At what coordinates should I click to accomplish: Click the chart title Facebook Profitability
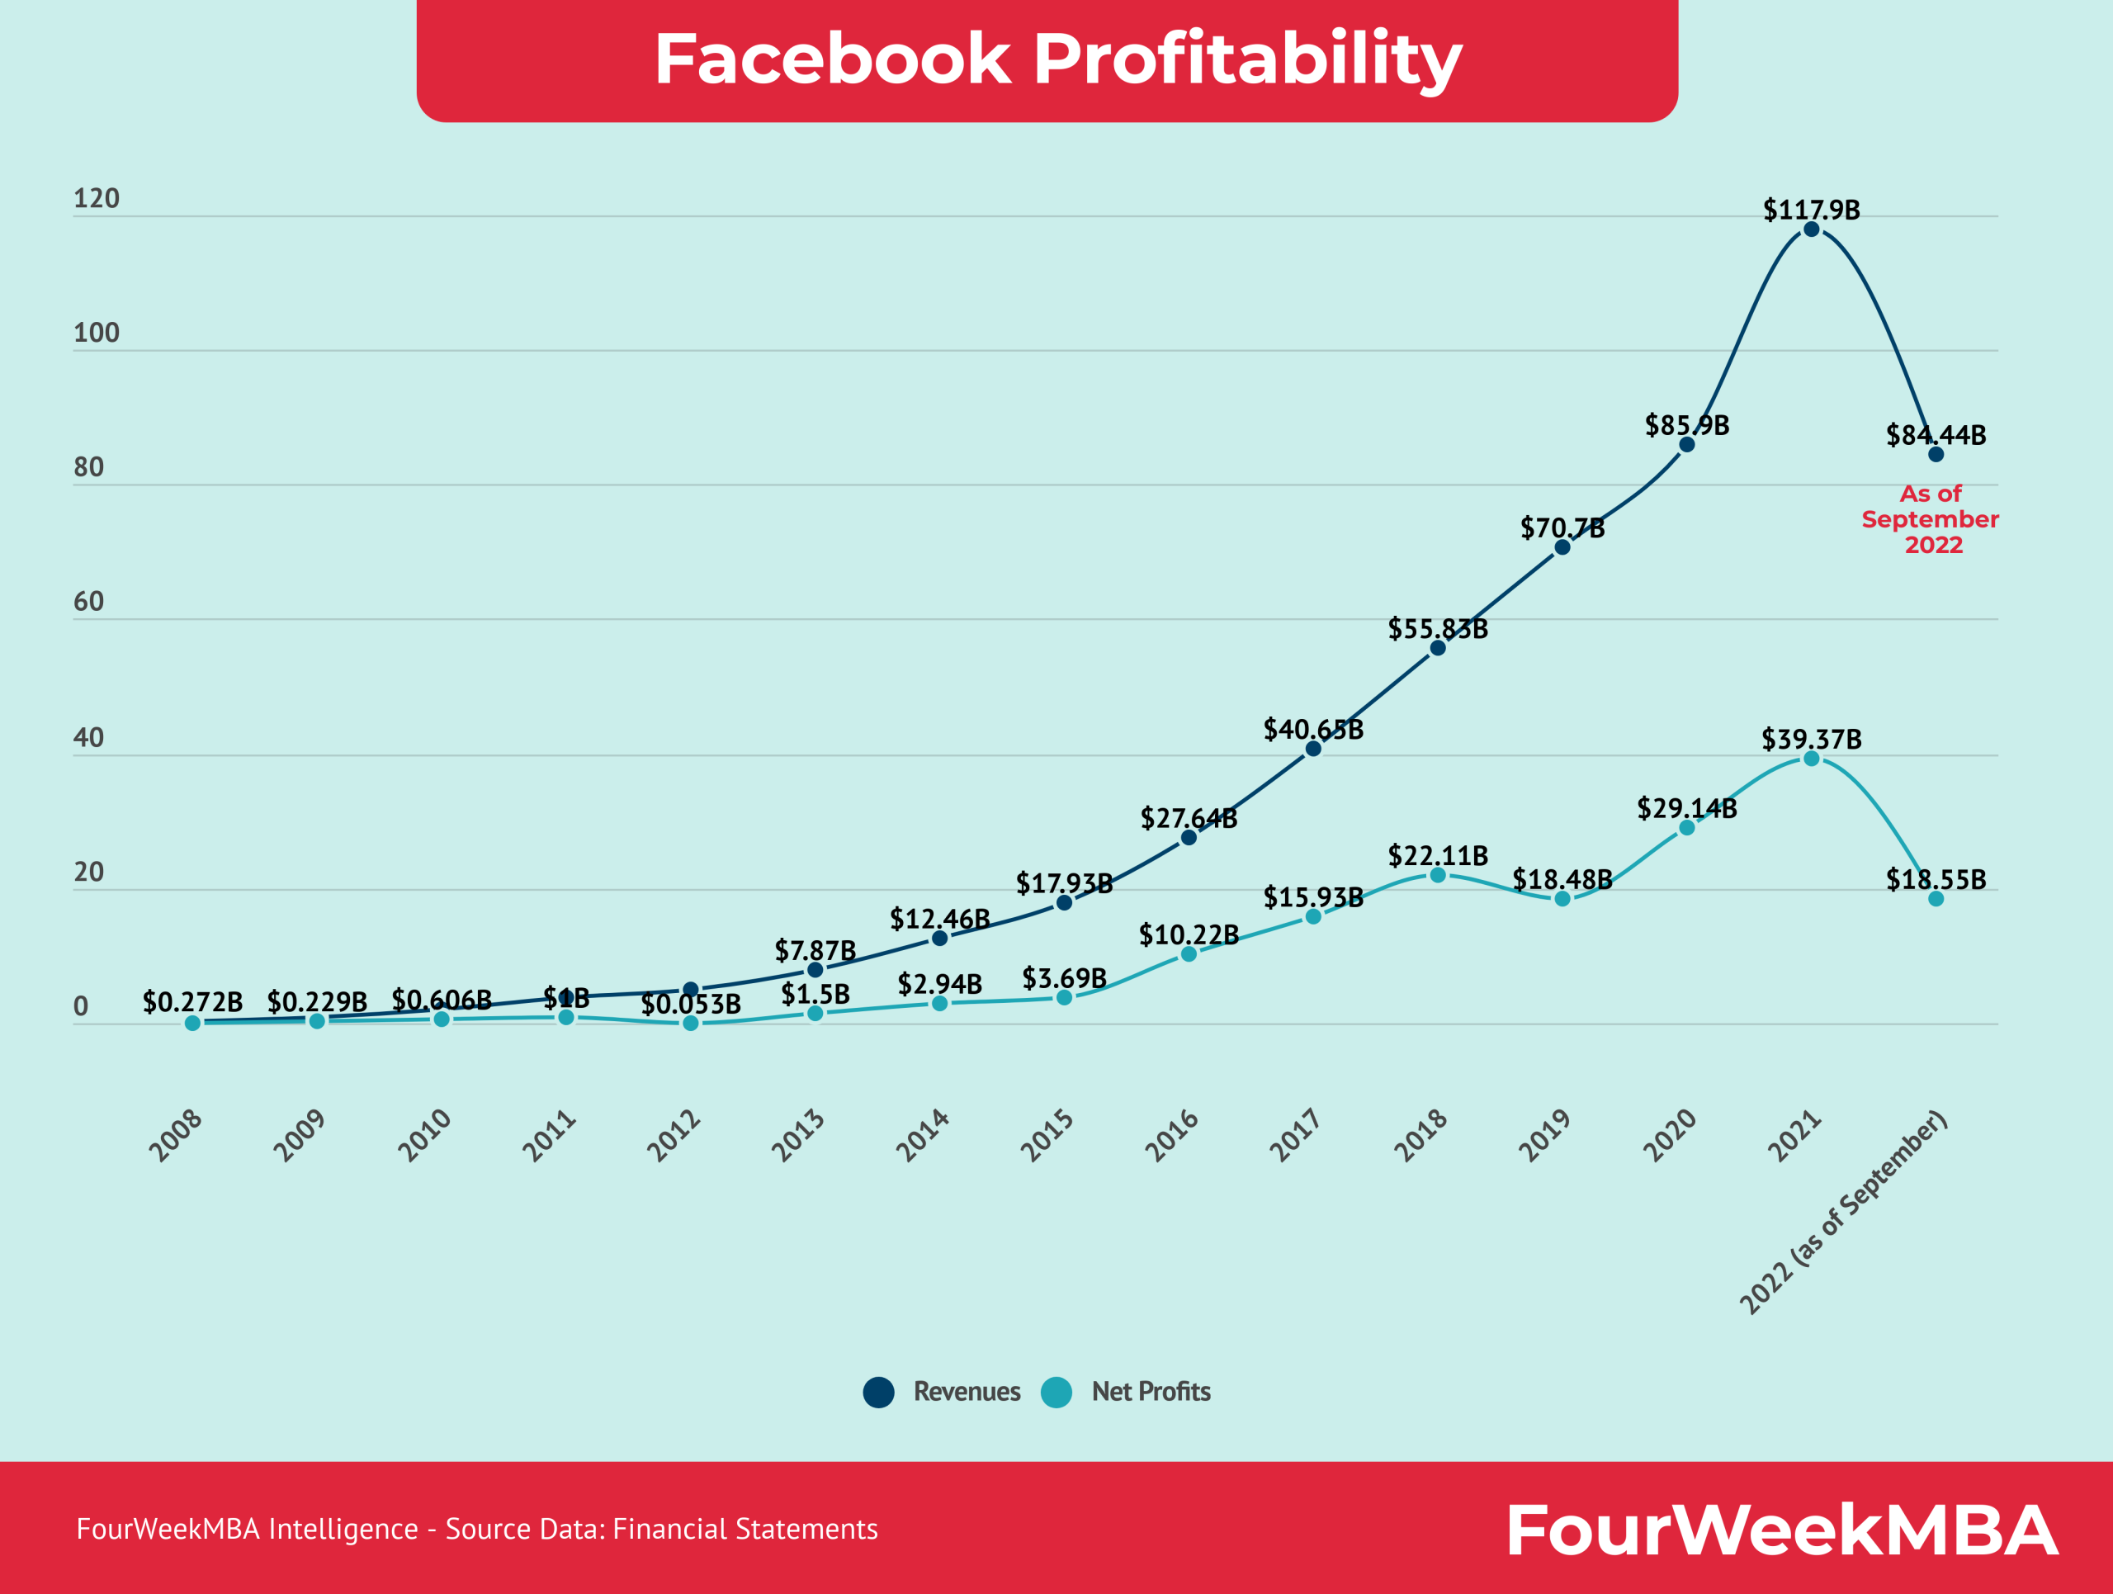click(x=1057, y=59)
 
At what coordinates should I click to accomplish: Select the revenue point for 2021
click(x=1811, y=229)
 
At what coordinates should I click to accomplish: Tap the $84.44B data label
click(x=1936, y=436)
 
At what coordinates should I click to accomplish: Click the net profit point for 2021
click(x=1811, y=759)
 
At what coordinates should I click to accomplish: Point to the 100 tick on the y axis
click(x=97, y=333)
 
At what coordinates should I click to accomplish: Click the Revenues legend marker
click(x=878, y=1393)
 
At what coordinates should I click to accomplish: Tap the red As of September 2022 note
click(x=1931, y=519)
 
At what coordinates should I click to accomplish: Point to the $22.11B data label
click(x=1437, y=856)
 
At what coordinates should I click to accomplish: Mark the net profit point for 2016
click(x=1189, y=954)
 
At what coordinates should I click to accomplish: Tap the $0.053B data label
click(x=691, y=1005)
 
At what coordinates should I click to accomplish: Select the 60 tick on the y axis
click(x=89, y=602)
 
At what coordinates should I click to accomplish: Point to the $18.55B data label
click(x=1936, y=880)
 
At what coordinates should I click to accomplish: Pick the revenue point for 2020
click(x=1687, y=444)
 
